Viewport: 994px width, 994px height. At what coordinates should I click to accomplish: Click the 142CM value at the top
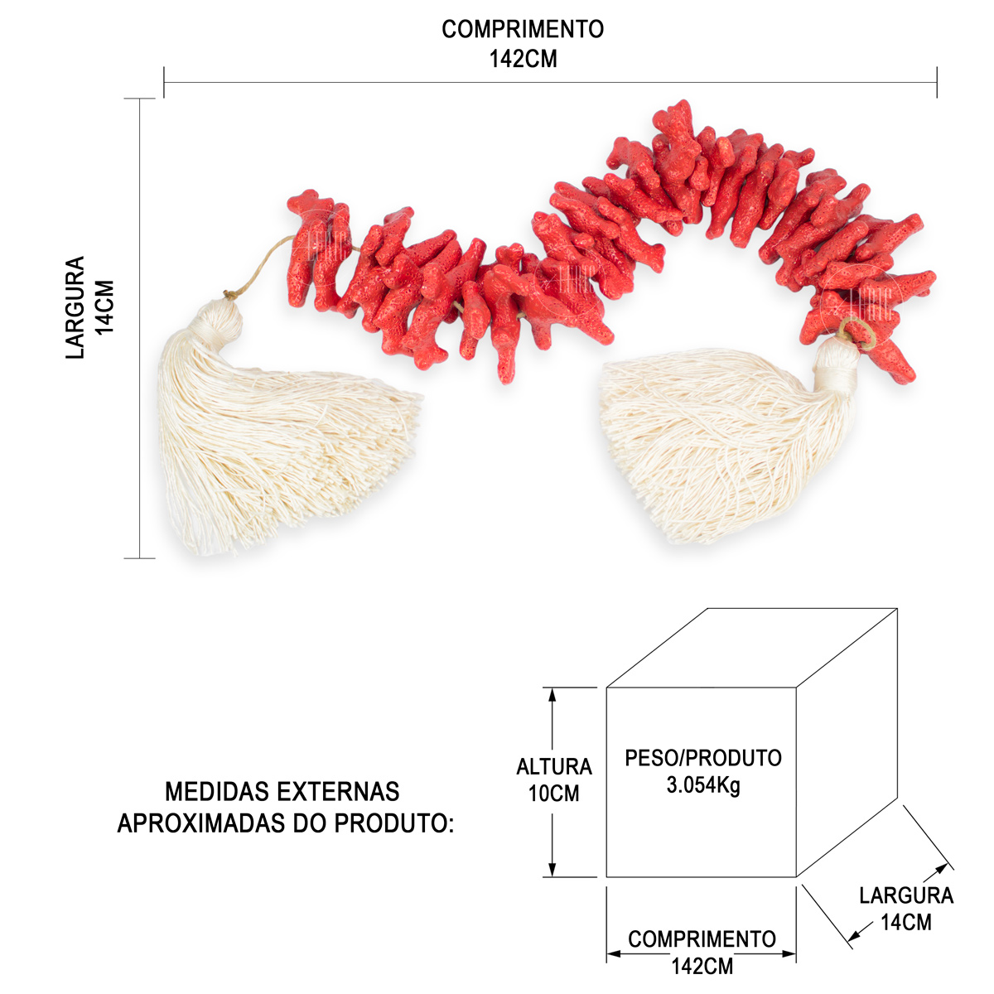pyautogui.click(x=523, y=59)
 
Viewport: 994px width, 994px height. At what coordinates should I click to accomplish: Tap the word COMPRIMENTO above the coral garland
pyautogui.click(x=523, y=29)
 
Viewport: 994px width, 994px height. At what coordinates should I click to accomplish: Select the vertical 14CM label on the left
pyautogui.click(x=104, y=307)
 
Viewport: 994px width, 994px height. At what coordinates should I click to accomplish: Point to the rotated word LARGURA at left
pyautogui.click(x=75, y=307)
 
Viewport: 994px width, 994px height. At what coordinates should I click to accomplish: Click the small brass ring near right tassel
pyautogui.click(x=856, y=335)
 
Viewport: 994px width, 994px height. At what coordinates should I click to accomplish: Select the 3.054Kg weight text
pyautogui.click(x=703, y=785)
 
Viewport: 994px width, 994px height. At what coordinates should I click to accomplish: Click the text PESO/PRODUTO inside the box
pyautogui.click(x=703, y=758)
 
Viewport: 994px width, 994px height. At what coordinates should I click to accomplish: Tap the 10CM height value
pyautogui.click(x=553, y=794)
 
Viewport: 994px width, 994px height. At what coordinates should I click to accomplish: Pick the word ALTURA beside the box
pyautogui.click(x=554, y=766)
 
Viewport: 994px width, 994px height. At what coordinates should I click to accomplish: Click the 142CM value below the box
pyautogui.click(x=702, y=966)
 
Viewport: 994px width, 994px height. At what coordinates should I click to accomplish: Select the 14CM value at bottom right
pyautogui.click(x=906, y=922)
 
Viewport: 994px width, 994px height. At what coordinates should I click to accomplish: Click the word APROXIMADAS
pyautogui.click(x=201, y=823)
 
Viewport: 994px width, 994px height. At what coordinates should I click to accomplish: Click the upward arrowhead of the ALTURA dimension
pyautogui.click(x=552, y=695)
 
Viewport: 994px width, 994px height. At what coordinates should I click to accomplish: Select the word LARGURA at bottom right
pyautogui.click(x=906, y=895)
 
